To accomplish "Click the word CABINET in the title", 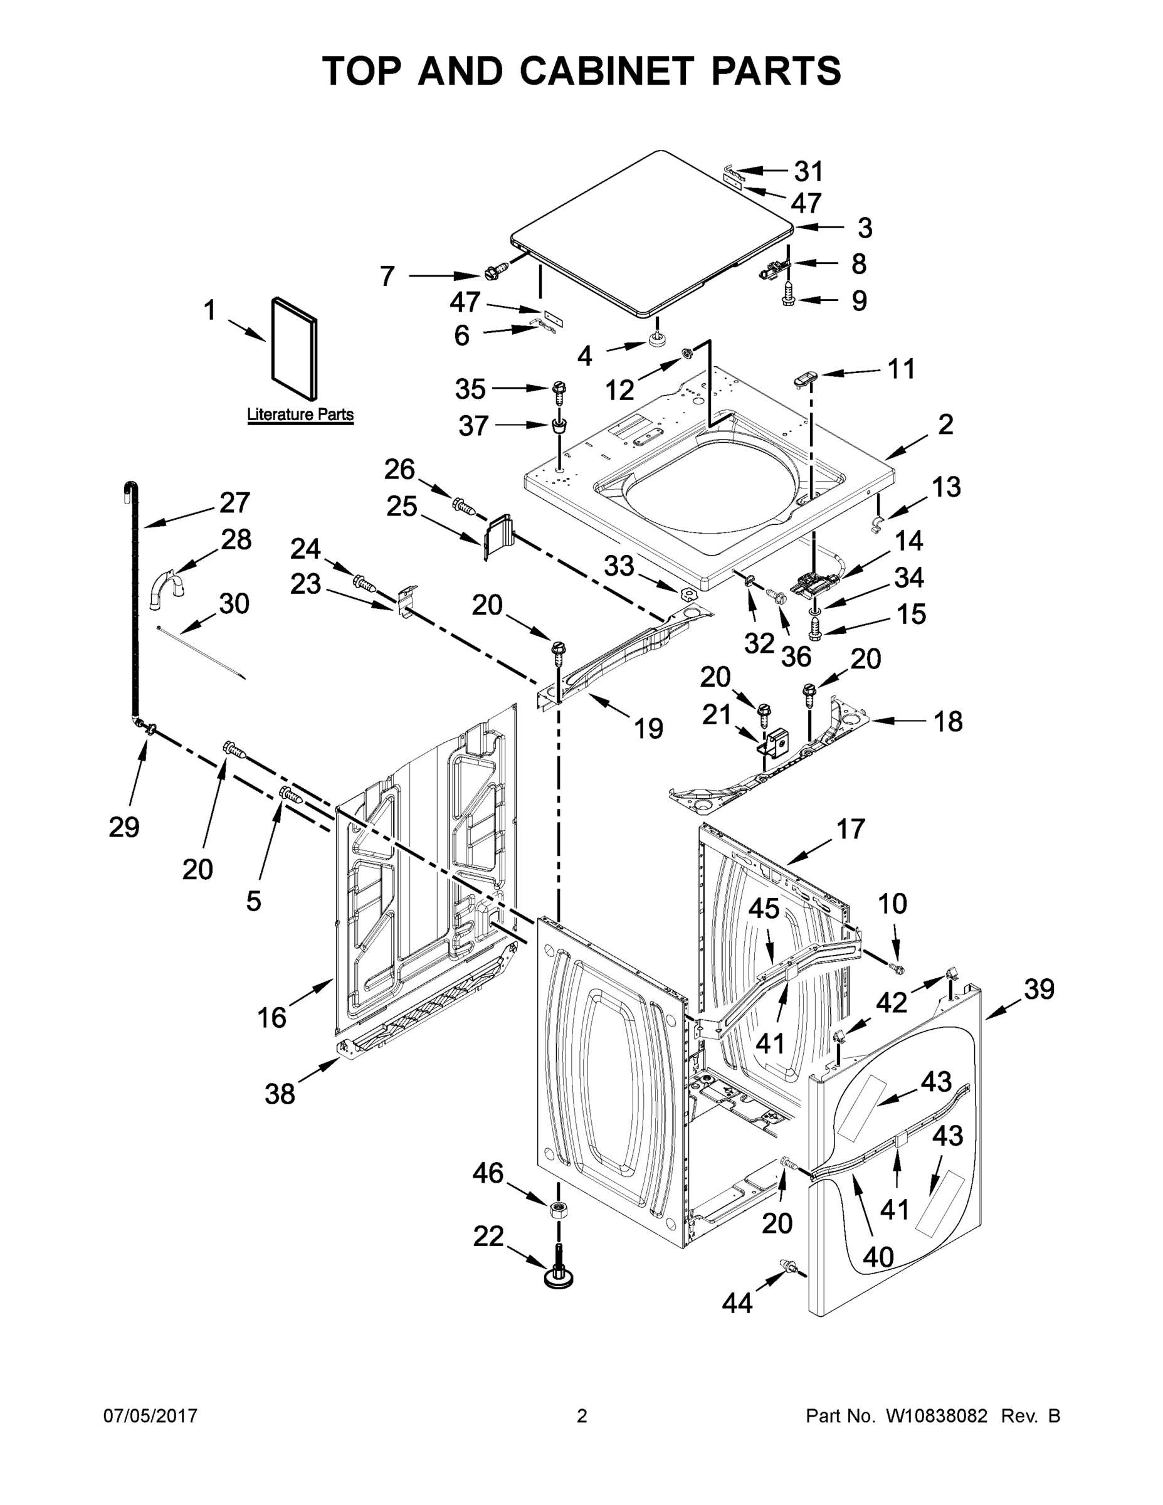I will [x=606, y=70].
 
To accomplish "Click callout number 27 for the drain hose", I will [x=234, y=503].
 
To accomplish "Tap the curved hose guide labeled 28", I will [x=167, y=588].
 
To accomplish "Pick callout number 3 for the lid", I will [x=865, y=228].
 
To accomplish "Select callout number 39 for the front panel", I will [x=1039, y=989].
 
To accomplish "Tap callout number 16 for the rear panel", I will [x=271, y=1018].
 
